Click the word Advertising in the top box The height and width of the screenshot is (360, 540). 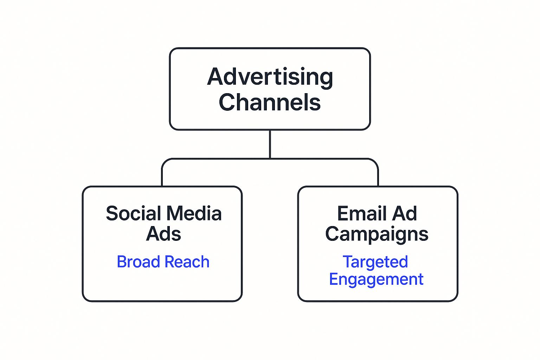click(x=270, y=77)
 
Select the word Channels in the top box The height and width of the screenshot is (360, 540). click(x=270, y=102)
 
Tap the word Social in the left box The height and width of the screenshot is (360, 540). click(x=133, y=213)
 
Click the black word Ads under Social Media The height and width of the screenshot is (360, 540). click(x=163, y=234)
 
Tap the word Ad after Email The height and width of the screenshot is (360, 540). click(x=405, y=213)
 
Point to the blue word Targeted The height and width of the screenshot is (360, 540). click(x=375, y=262)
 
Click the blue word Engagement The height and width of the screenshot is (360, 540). click(x=376, y=279)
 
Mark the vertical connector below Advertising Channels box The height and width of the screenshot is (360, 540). click(x=270, y=144)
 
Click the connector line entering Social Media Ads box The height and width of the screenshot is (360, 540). click(x=162, y=178)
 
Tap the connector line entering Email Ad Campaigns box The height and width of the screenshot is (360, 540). click(x=378, y=178)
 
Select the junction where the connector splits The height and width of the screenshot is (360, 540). click(x=270, y=159)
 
